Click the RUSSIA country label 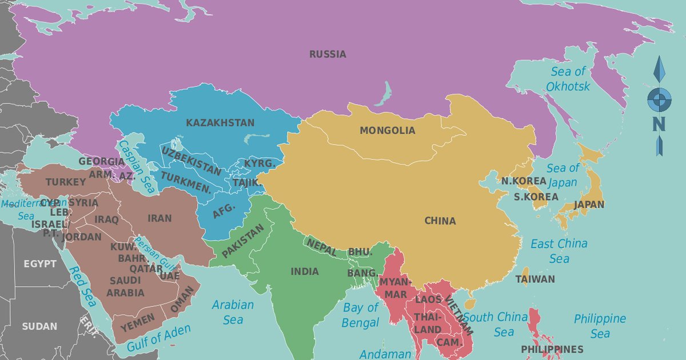(x=328, y=55)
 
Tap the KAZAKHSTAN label (x=220, y=123)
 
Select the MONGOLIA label (x=387, y=131)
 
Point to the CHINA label (x=440, y=221)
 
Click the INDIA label (x=305, y=272)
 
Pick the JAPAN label (x=589, y=205)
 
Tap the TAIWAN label (x=535, y=279)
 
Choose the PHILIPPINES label (x=552, y=349)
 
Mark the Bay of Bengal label (x=361, y=315)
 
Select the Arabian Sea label (x=233, y=312)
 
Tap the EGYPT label (x=40, y=264)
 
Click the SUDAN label (x=39, y=327)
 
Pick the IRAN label (x=159, y=218)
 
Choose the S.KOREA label (x=536, y=197)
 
